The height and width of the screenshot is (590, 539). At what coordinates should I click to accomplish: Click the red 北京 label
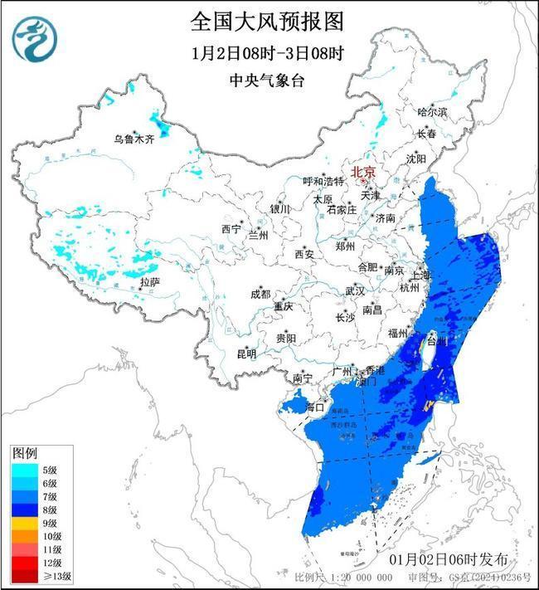pyautogui.click(x=363, y=173)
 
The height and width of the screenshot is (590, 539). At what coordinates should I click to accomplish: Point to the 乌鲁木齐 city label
pyautogui.click(x=134, y=139)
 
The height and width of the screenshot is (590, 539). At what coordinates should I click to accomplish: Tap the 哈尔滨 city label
pyautogui.click(x=431, y=111)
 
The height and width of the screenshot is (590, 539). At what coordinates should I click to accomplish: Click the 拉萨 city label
pyautogui.click(x=150, y=283)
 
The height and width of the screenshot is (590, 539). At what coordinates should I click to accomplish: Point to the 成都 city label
pyautogui.click(x=260, y=294)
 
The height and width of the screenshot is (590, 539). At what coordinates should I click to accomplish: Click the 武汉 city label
pyautogui.click(x=356, y=290)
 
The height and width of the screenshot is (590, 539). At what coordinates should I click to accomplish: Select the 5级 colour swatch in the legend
pyautogui.click(x=22, y=471)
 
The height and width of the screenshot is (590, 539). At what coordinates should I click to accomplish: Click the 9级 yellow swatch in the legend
pyautogui.click(x=22, y=523)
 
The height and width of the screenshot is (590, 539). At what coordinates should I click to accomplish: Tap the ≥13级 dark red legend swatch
pyautogui.click(x=22, y=575)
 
